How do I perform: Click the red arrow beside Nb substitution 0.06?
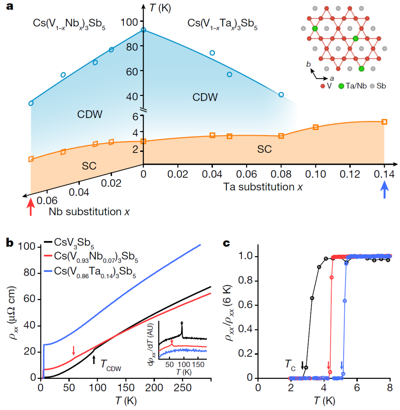click(x=31, y=207)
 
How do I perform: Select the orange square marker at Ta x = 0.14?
click(x=384, y=122)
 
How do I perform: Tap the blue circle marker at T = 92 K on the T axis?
click(x=143, y=30)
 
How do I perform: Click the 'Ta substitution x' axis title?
click(x=263, y=187)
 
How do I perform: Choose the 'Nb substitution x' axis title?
click(x=89, y=212)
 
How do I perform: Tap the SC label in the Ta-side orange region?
click(x=264, y=149)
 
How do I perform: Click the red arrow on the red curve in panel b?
click(x=74, y=350)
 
